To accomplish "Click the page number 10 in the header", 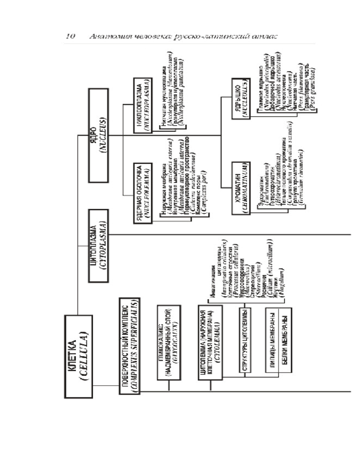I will point(70,36).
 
